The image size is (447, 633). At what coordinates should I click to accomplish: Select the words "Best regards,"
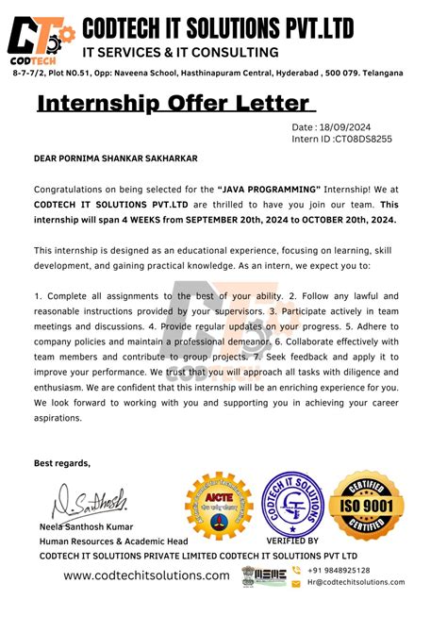[x=62, y=463]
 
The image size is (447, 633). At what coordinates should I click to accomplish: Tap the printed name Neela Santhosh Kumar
[x=87, y=526]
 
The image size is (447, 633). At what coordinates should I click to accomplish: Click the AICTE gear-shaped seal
[x=219, y=510]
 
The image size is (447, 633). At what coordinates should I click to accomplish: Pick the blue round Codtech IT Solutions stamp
[x=293, y=508]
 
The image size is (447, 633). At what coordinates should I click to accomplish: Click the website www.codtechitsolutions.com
[x=146, y=575]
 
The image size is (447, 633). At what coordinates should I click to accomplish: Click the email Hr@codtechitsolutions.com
[x=356, y=582]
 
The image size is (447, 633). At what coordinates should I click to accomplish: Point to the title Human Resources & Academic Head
[x=113, y=541]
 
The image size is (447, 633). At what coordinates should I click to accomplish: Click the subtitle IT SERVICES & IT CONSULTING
[x=181, y=53]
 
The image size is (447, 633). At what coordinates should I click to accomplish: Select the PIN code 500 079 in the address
[x=336, y=73]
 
